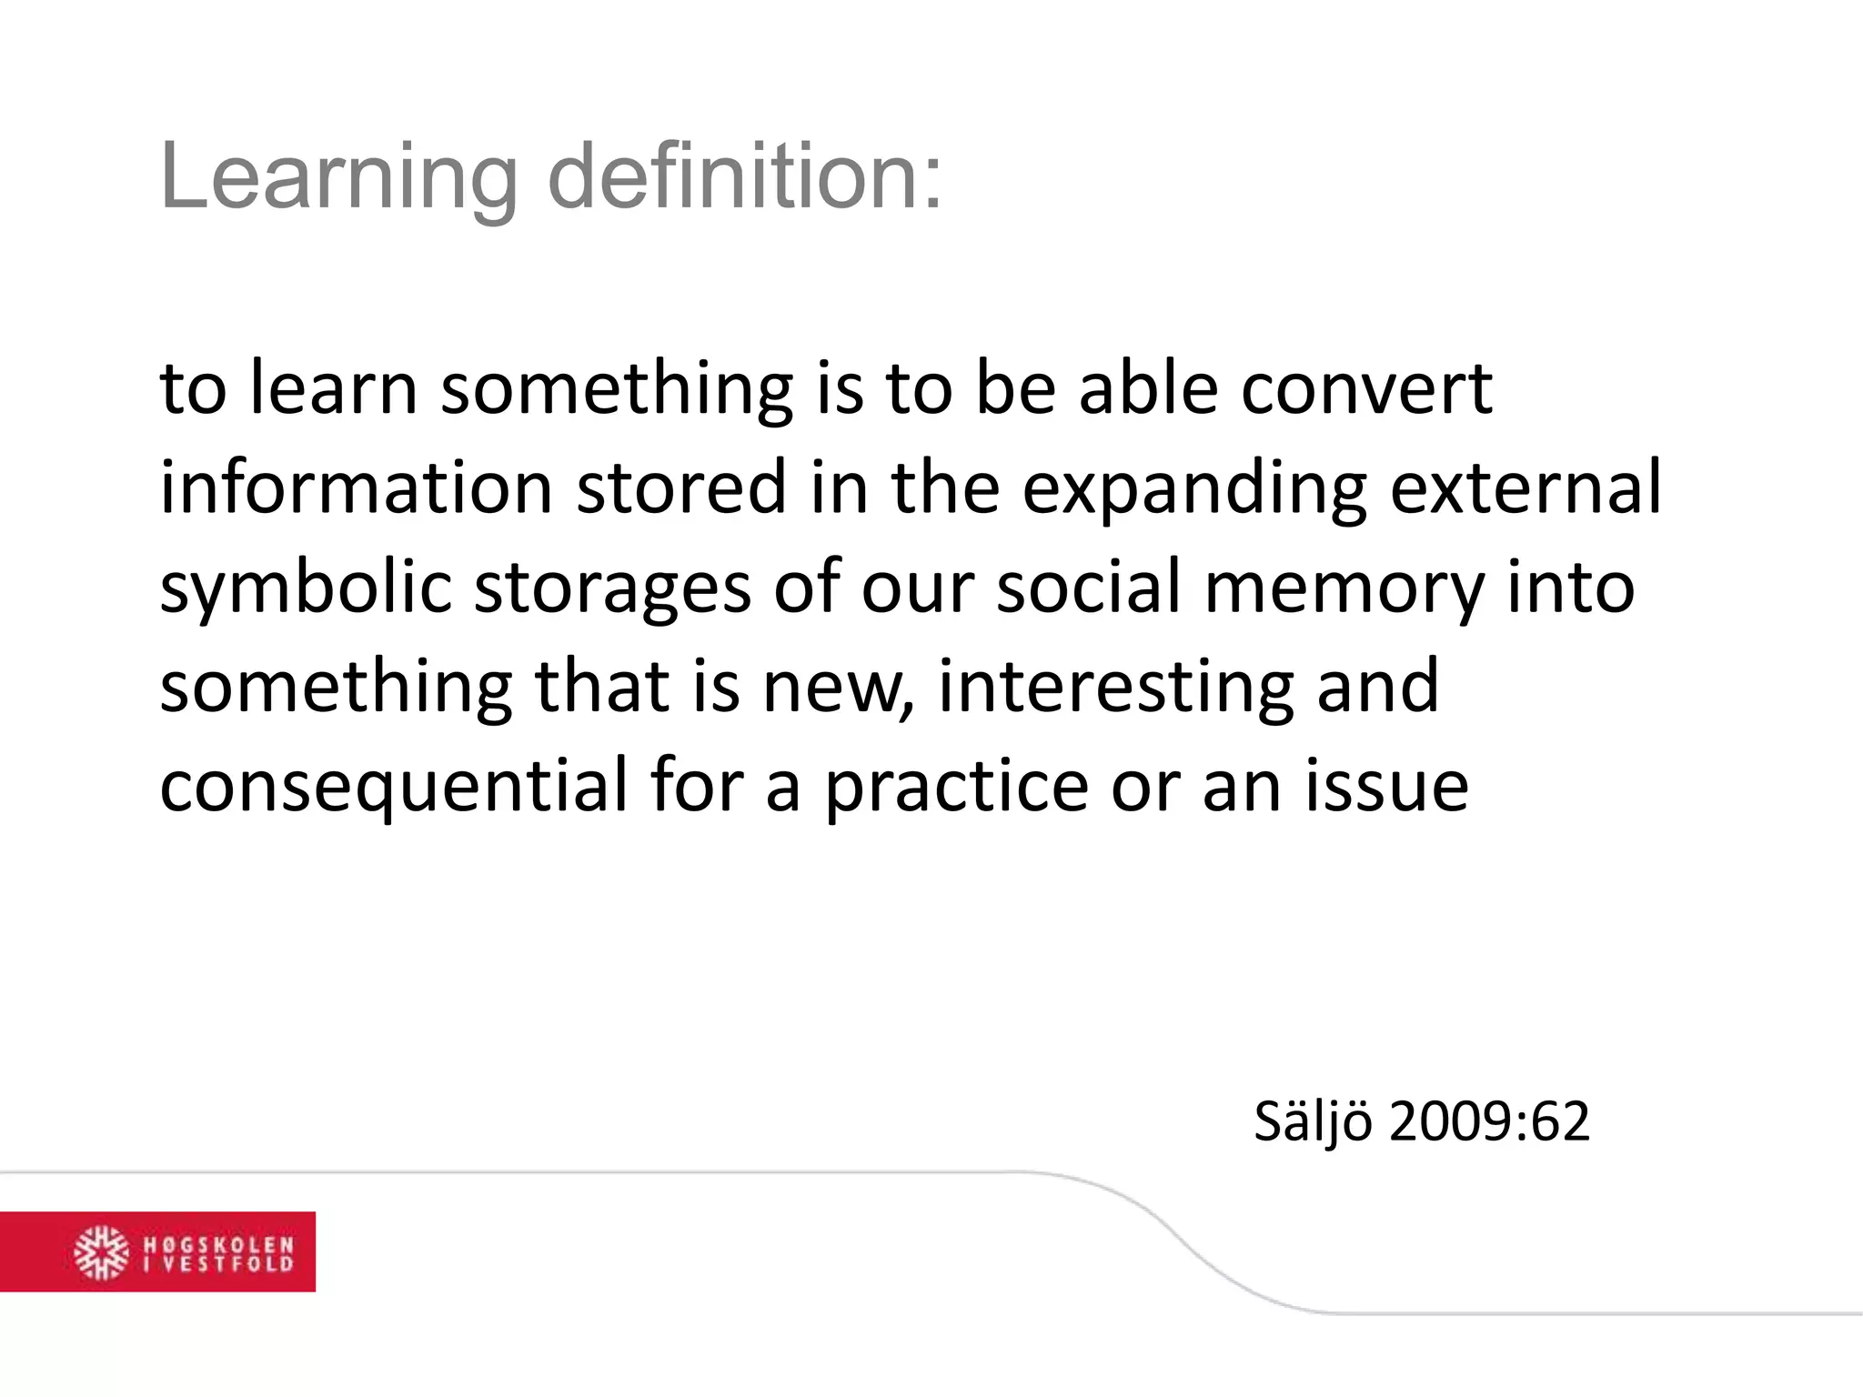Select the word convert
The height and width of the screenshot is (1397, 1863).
point(1366,389)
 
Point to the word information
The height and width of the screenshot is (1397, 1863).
point(357,487)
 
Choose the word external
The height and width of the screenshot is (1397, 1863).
point(1526,487)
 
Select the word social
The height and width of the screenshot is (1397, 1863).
point(1089,587)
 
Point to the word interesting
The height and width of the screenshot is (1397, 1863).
point(1116,688)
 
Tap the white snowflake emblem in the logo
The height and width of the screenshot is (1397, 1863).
point(101,1252)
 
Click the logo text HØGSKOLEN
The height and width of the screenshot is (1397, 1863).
point(219,1243)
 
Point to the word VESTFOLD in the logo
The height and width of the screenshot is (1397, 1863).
point(229,1263)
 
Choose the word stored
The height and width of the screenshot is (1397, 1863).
point(681,487)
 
